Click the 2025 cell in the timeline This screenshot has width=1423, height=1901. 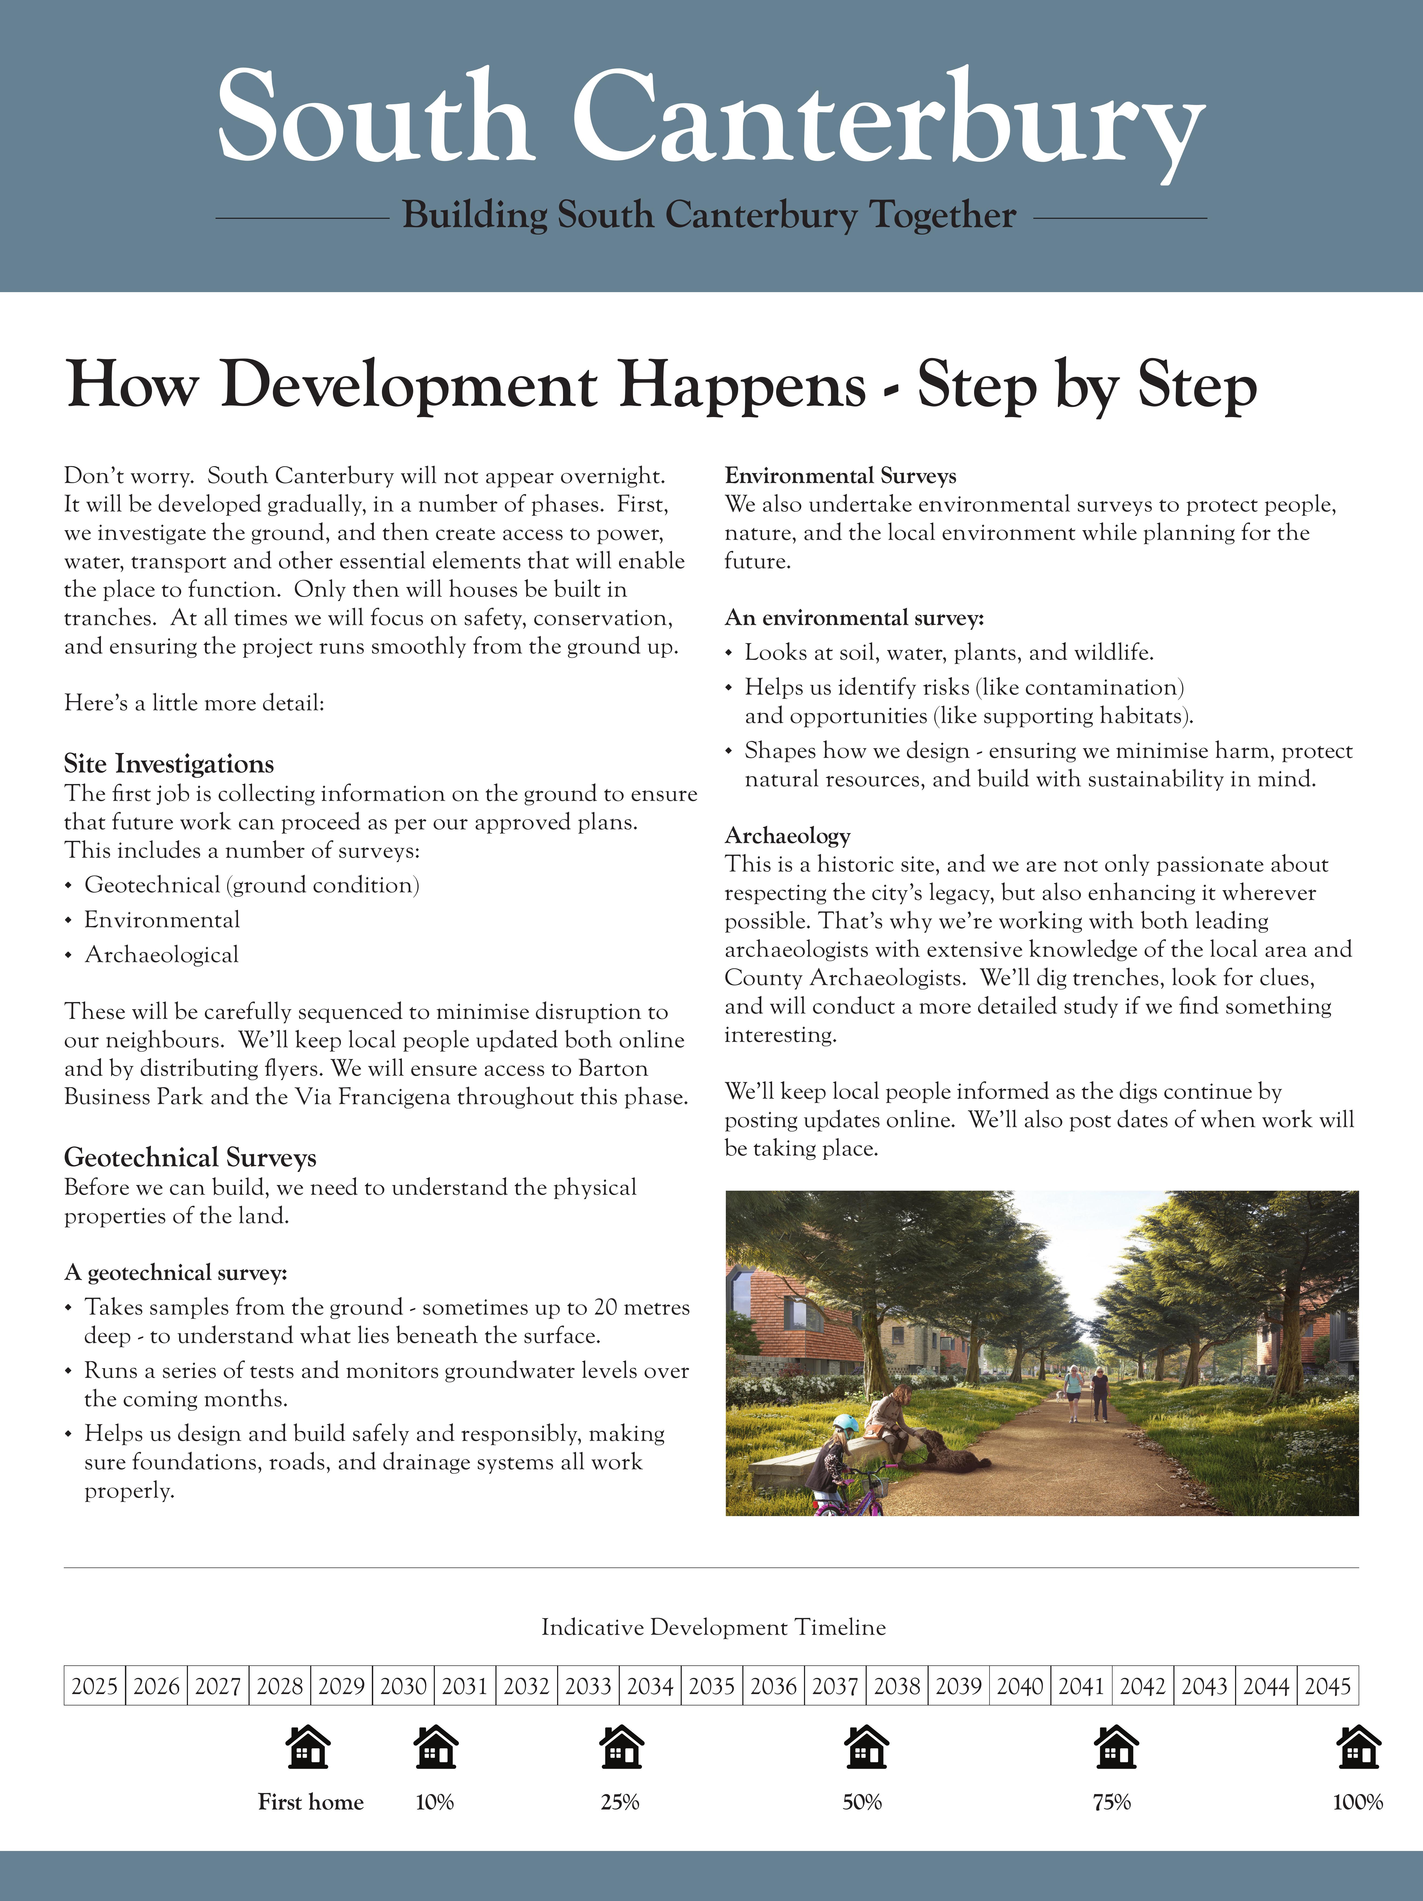point(95,1686)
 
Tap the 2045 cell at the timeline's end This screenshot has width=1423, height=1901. point(1328,1686)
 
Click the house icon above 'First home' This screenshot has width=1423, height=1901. point(308,1747)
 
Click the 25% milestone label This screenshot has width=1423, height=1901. point(620,1802)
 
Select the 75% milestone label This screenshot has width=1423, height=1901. point(1112,1802)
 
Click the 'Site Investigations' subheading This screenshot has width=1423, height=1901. point(168,764)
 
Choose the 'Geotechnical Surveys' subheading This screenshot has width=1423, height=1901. point(190,1158)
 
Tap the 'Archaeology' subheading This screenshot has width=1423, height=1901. point(787,835)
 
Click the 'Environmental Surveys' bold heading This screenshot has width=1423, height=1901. point(839,476)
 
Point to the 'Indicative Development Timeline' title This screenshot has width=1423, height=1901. point(713,1627)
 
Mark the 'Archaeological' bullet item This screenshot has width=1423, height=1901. point(161,955)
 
